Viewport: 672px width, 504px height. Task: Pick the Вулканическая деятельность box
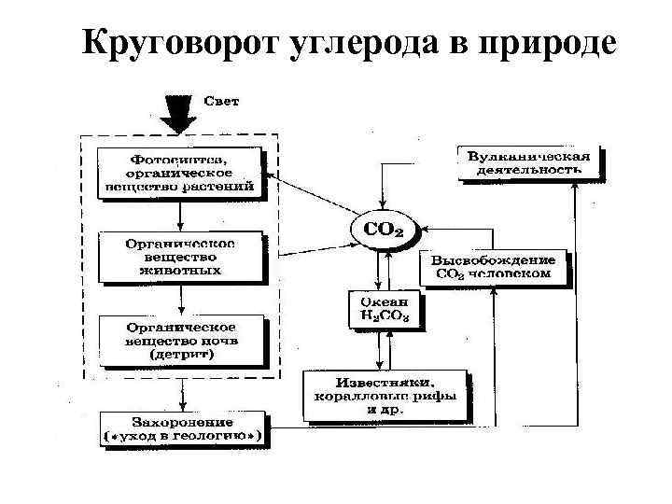tap(528, 162)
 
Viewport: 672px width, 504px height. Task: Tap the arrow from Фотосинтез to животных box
tap(181, 216)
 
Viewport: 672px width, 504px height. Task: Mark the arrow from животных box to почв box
tap(181, 300)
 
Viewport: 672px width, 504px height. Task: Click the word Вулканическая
tap(528, 156)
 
